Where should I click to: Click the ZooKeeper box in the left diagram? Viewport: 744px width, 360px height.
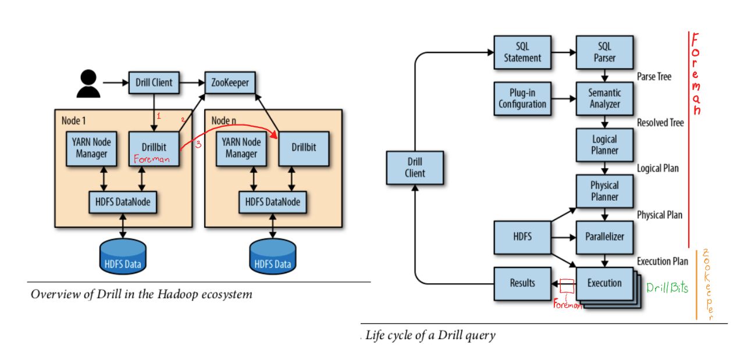230,83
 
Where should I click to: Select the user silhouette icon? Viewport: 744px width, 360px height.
88,83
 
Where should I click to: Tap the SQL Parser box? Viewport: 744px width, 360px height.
605,52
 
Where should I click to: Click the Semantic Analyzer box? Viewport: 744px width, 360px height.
605,98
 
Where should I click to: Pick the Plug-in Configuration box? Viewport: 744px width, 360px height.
523,98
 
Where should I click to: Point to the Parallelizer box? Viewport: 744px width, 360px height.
605,237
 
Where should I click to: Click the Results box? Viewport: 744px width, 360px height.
522,283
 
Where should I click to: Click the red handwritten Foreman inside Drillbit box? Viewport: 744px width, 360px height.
151,159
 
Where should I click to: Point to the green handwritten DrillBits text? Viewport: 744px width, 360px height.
667,288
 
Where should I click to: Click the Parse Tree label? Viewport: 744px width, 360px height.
654,77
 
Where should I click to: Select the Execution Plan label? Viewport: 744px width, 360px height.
663,261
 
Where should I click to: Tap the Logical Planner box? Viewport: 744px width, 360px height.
605,145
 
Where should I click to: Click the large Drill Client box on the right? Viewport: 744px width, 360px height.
415,167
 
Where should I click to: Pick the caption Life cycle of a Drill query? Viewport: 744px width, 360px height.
430,335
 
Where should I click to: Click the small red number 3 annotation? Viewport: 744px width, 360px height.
198,145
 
